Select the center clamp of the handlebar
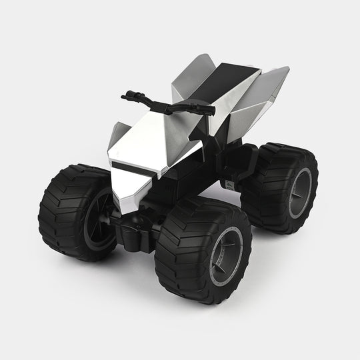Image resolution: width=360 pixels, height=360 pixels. (157, 102)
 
